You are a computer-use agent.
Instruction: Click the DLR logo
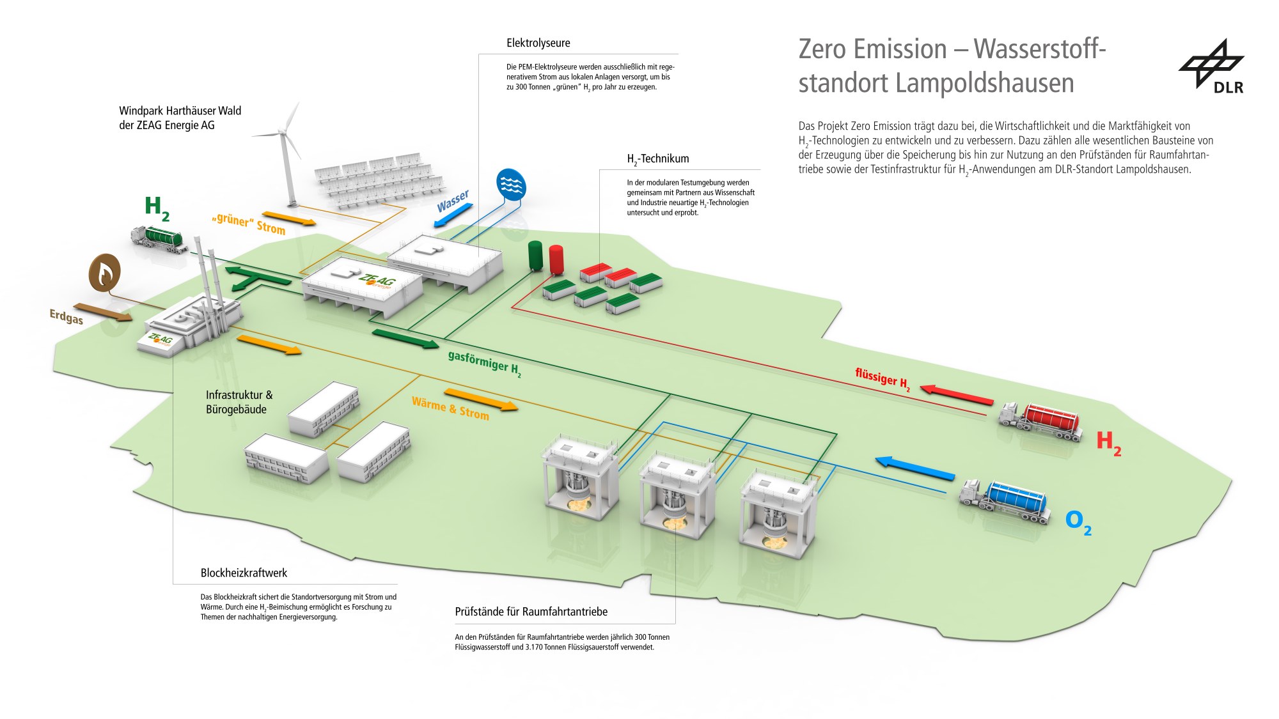click(x=1212, y=66)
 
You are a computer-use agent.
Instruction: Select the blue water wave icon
click(x=510, y=184)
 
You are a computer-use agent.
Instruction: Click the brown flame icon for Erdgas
click(x=105, y=273)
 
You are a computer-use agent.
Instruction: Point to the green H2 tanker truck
click(x=159, y=238)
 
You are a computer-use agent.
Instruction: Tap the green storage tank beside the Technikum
click(x=535, y=256)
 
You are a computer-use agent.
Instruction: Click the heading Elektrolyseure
click(x=538, y=43)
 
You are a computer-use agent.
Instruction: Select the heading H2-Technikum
click(x=657, y=159)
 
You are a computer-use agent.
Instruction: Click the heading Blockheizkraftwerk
click(x=244, y=573)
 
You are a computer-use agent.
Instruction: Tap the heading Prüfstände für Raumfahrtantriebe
click(x=531, y=612)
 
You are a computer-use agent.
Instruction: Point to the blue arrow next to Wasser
click(x=453, y=215)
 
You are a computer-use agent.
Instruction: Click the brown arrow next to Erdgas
click(x=102, y=312)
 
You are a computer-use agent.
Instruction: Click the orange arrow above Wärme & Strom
click(x=480, y=399)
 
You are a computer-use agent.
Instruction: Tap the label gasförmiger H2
click(x=484, y=364)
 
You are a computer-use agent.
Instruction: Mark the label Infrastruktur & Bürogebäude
click(x=239, y=402)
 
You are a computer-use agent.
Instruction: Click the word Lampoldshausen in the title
click(x=984, y=84)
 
